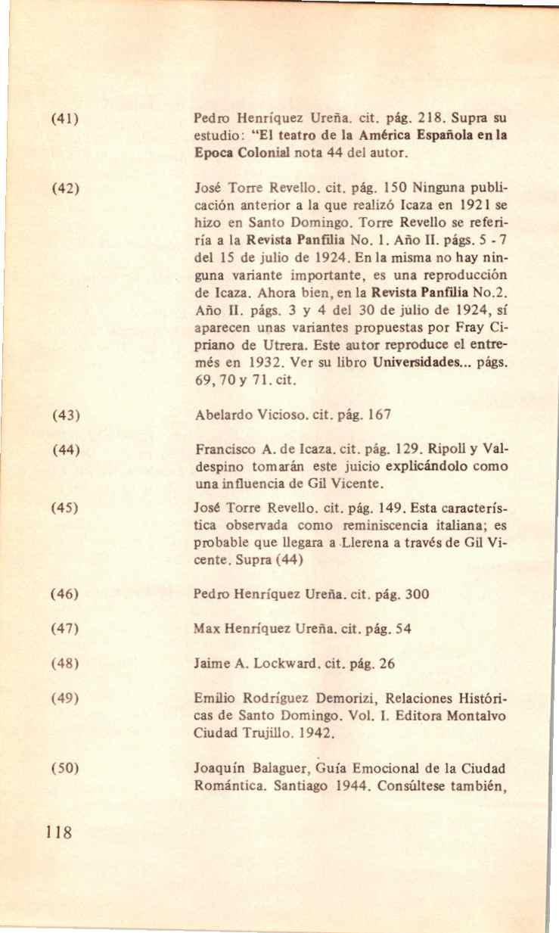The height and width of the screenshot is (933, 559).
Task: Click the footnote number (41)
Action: click(x=66, y=120)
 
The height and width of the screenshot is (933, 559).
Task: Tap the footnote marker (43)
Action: click(x=66, y=415)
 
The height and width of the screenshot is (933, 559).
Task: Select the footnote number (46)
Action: click(x=66, y=594)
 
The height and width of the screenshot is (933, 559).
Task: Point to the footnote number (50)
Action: click(x=66, y=770)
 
